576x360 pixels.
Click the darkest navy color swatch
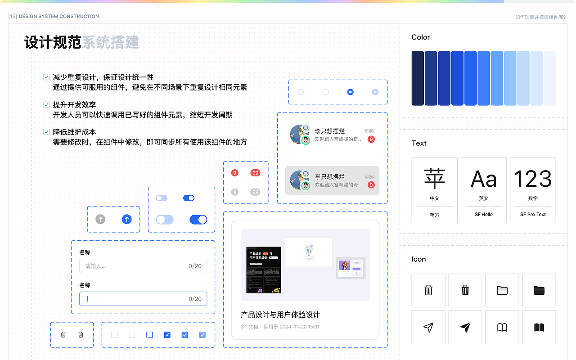(x=418, y=78)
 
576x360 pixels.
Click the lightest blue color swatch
(x=549, y=78)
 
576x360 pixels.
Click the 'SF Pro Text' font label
(x=533, y=214)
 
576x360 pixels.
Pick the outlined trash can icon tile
(x=428, y=290)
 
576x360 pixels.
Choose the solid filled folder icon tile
(x=539, y=290)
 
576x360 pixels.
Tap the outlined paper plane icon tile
(x=428, y=327)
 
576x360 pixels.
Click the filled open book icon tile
(x=539, y=327)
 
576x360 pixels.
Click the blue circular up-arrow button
(x=127, y=219)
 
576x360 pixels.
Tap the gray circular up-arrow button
(x=100, y=219)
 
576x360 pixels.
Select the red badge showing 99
(x=255, y=173)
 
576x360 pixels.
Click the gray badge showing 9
(x=234, y=192)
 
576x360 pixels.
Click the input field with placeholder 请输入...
(x=143, y=266)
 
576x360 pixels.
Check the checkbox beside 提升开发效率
(x=46, y=105)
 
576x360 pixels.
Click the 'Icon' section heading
(x=418, y=259)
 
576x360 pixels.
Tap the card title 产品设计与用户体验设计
(x=280, y=315)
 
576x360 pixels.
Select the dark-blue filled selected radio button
(x=350, y=92)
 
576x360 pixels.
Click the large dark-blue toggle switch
(x=198, y=219)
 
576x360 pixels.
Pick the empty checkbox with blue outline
(x=150, y=335)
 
